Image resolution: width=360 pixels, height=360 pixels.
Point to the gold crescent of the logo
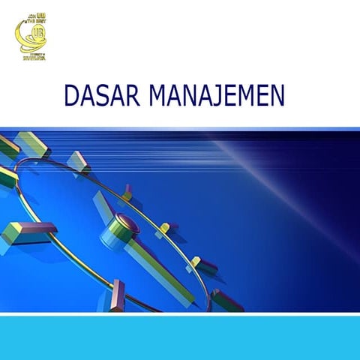coord(22,37)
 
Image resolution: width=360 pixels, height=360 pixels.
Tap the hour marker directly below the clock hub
coord(117,294)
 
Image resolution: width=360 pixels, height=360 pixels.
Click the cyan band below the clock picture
coord(180,337)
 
